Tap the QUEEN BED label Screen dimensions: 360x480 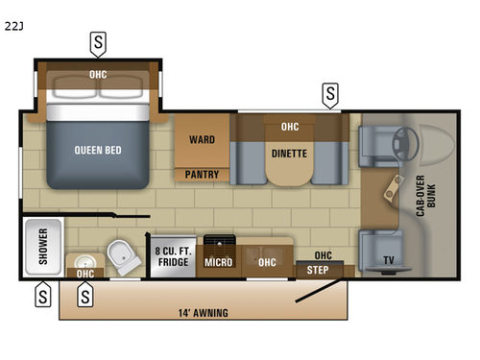pos(97,150)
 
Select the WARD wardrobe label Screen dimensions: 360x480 pos(202,140)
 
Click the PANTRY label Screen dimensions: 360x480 pos(203,175)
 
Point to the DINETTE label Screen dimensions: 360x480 pos(290,151)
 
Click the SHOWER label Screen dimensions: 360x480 pos(43,246)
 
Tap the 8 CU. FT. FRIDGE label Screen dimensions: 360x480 pos(174,257)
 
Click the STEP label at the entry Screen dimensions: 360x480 pos(317,271)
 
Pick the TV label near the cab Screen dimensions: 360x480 pos(388,259)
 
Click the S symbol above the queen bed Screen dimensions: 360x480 pos(98,42)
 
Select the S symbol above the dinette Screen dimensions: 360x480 pos(330,94)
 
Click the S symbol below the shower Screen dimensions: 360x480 pos(43,297)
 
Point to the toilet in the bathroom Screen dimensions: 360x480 pos(121,254)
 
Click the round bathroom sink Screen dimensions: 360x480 pos(85,261)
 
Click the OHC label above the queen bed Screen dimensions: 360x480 pos(98,74)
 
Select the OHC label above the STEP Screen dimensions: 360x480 pos(323,255)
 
